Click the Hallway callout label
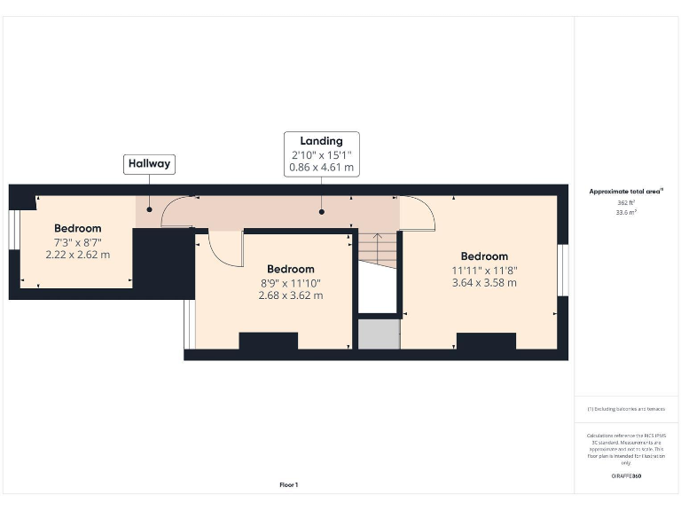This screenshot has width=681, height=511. (149, 164)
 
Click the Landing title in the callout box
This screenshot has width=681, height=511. (321, 141)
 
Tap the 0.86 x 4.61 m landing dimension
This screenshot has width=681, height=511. (321, 167)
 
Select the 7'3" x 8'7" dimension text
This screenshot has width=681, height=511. (78, 241)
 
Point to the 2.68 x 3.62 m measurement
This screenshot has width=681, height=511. (290, 295)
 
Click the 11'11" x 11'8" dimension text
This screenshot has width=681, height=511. (484, 270)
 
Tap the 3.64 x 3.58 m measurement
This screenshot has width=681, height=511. (484, 283)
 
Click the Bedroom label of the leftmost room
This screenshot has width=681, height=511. (78, 228)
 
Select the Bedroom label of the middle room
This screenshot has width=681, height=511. (290, 269)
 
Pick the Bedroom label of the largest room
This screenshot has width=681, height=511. (484, 256)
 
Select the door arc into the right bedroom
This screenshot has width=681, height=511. (420, 213)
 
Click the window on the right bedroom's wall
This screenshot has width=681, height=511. (563, 270)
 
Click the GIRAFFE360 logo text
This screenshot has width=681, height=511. (626, 476)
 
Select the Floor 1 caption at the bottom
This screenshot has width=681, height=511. (289, 484)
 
